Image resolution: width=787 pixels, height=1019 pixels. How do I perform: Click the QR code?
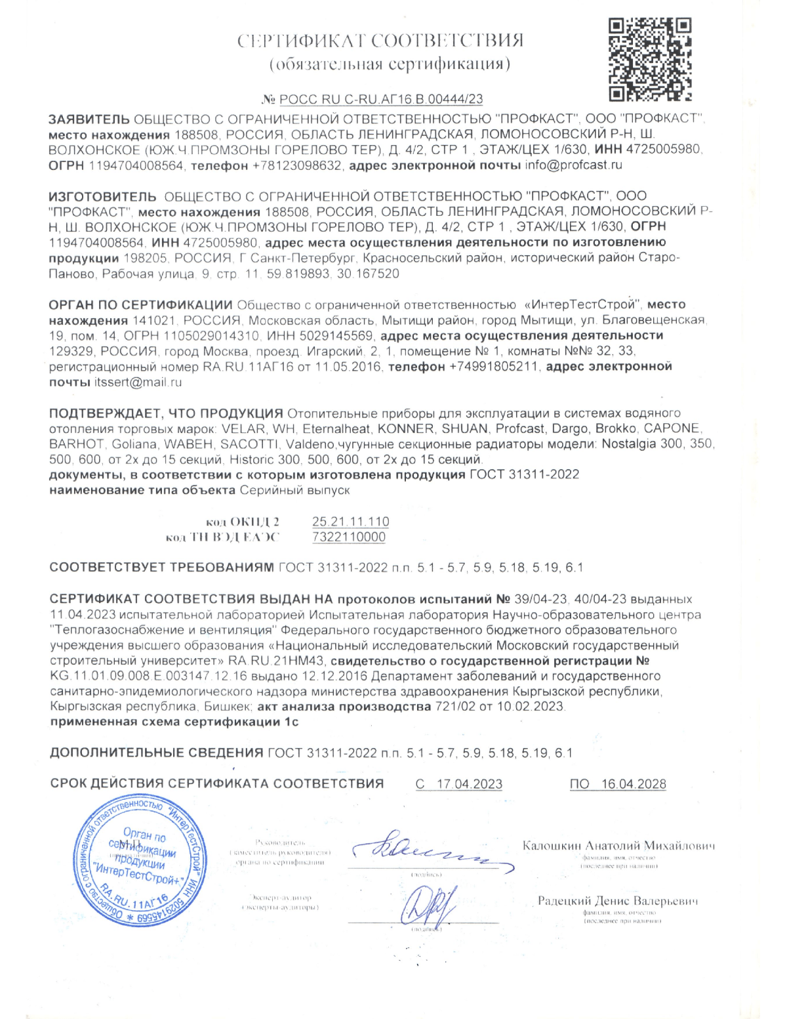pos(649,60)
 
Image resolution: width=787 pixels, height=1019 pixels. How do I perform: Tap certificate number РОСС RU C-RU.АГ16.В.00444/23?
pos(381,99)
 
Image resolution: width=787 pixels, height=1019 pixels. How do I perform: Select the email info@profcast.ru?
pos(573,165)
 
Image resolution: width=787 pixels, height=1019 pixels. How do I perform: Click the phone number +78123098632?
pos(297,165)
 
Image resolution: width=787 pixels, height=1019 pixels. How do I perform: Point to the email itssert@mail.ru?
pos(138,382)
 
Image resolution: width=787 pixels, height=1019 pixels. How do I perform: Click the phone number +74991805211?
pos(493,366)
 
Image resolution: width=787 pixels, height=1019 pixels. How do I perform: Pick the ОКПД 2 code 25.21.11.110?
pos(350,522)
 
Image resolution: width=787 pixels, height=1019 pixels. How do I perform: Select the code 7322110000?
pos(349,537)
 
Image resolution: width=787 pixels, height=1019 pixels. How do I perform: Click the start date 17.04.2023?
pos(469,784)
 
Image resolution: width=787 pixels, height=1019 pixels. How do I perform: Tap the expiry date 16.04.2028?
pos(633,784)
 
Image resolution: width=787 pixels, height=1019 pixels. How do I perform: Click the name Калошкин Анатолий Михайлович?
pos(618,846)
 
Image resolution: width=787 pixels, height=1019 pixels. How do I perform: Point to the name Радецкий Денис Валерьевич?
pos(618,901)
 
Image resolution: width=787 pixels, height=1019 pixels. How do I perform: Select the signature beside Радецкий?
pos(428,905)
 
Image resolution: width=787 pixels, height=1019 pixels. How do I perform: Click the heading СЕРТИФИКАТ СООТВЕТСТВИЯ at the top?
pos(380,41)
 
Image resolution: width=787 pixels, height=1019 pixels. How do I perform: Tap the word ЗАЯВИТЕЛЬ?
pos(89,119)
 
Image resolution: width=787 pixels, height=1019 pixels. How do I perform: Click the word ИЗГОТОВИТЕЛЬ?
pos(102,196)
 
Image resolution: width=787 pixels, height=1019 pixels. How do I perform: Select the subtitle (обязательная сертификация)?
pos(390,64)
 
